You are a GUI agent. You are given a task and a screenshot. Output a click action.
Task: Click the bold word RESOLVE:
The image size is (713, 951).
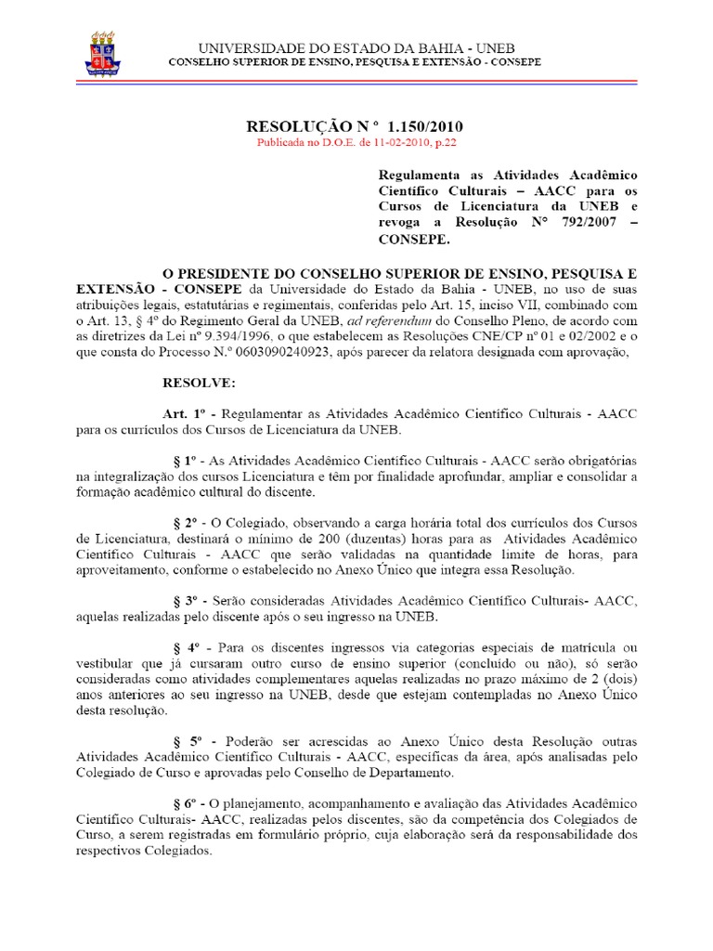point(200,382)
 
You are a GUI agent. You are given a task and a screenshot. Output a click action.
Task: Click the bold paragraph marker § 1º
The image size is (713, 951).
point(188,460)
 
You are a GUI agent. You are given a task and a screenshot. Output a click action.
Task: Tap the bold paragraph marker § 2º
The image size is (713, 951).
point(188,523)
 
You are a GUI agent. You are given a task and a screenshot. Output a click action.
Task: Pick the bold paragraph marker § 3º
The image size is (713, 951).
point(188,602)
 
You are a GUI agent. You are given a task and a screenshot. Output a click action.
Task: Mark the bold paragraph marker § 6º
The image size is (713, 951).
point(188,802)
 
